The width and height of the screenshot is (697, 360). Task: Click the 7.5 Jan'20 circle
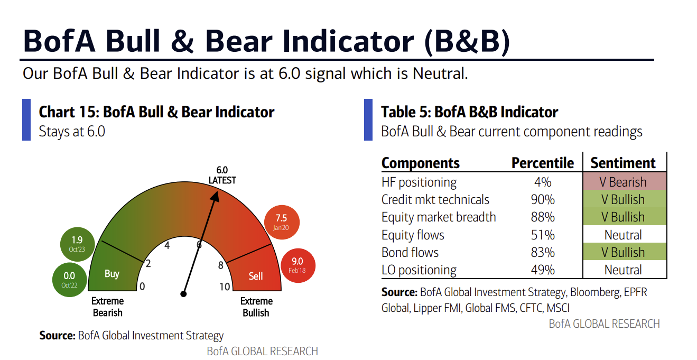(x=281, y=221)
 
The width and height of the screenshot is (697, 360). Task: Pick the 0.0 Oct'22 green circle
(x=69, y=280)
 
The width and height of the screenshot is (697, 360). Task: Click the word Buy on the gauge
(x=112, y=274)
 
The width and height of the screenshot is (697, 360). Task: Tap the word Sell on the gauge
(x=256, y=276)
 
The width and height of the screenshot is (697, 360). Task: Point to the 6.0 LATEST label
(x=222, y=175)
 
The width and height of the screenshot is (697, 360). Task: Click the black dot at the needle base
(x=184, y=293)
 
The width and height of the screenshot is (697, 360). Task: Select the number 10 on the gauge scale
(x=225, y=287)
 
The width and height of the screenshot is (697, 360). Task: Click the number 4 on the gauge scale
(x=167, y=245)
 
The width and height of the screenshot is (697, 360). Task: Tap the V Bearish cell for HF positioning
(x=623, y=182)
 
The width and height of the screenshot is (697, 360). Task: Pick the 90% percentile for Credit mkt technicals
(x=543, y=200)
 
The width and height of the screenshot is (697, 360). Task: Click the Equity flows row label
(x=413, y=235)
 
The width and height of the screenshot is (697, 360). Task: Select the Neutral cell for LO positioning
(x=623, y=270)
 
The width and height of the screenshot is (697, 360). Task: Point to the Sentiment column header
(x=623, y=163)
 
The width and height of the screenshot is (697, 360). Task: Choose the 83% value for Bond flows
(x=543, y=252)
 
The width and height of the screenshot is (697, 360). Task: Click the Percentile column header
(x=542, y=163)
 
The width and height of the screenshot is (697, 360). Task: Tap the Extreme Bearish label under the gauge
(x=108, y=307)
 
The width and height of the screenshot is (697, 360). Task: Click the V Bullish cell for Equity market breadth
(x=623, y=217)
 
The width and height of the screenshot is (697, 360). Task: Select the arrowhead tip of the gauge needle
(x=217, y=191)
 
